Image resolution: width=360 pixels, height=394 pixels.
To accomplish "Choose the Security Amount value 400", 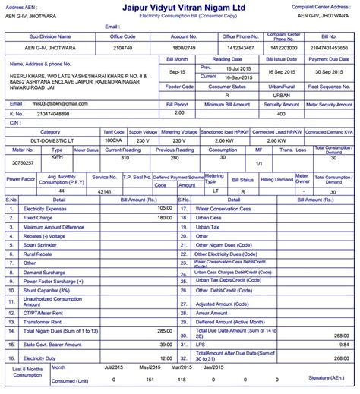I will point(281,113).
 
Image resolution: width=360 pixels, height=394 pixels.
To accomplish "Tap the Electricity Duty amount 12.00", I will point(164,357).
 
